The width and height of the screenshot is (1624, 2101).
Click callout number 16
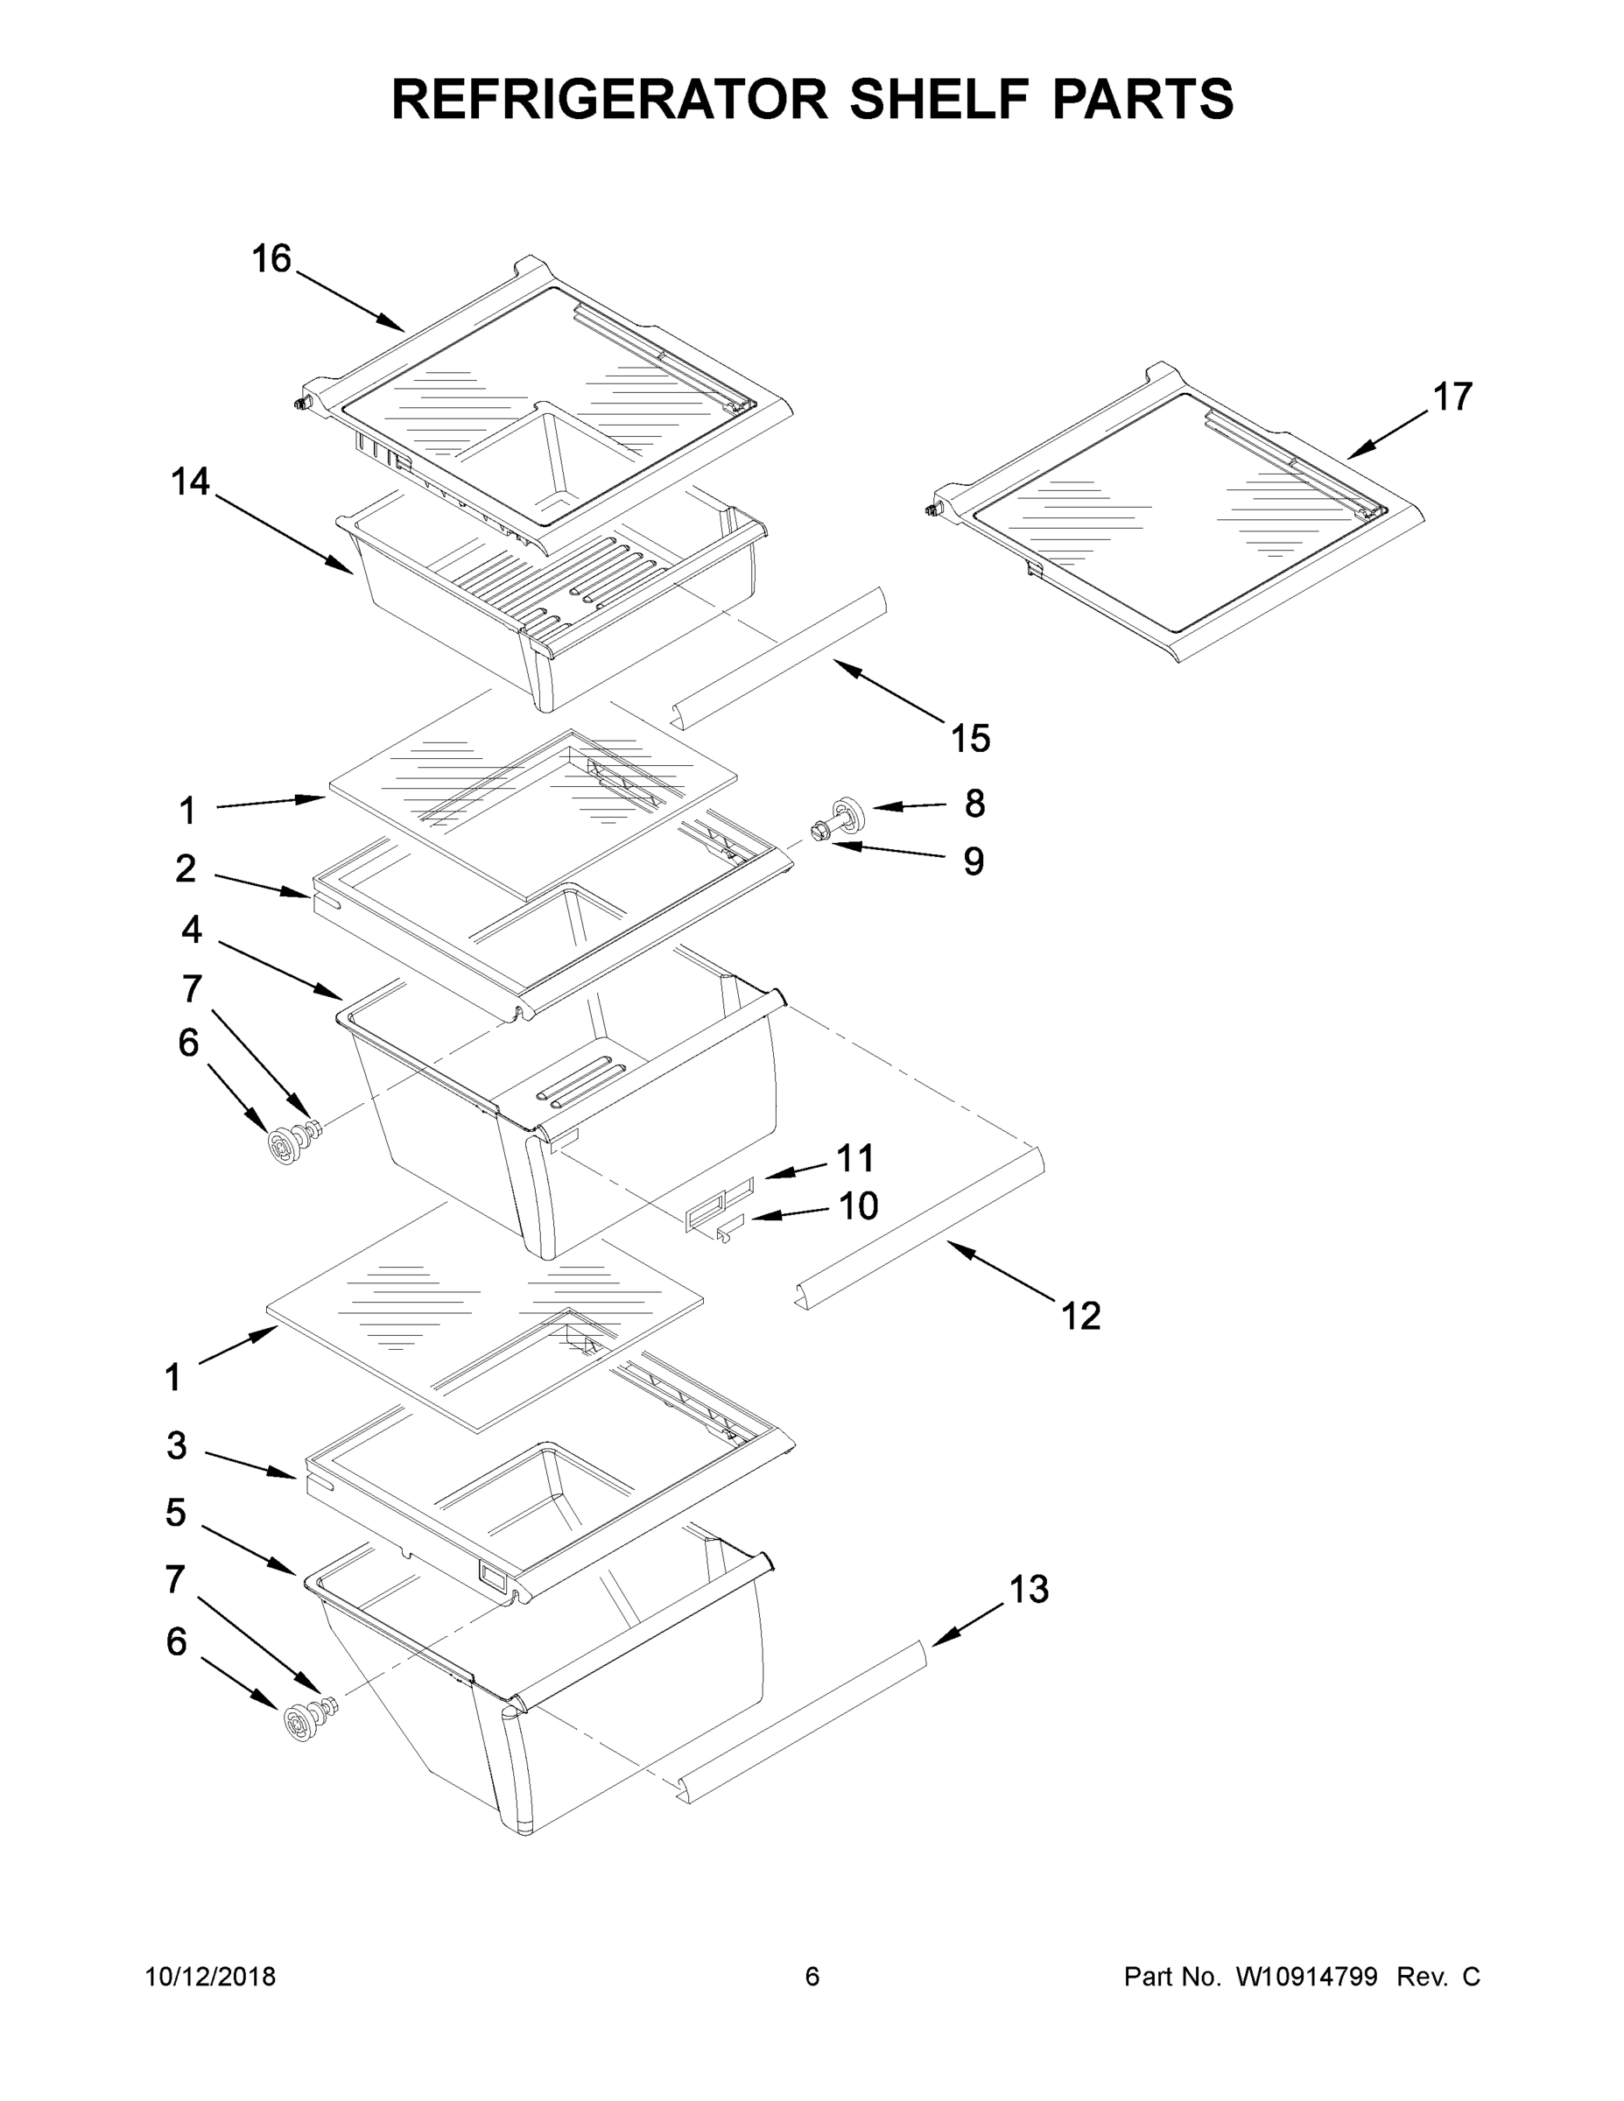coord(271,259)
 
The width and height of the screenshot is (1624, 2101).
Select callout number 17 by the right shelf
coord(1452,397)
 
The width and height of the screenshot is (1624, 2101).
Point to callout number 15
coord(970,739)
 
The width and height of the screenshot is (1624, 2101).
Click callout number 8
coord(974,804)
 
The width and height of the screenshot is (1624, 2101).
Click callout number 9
coord(974,862)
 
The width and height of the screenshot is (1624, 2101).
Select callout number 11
coord(854,1158)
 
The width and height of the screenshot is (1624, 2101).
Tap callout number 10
coord(858,1206)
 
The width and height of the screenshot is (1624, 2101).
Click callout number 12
coord(1080,1315)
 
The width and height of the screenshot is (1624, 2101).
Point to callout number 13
coord(1029,1589)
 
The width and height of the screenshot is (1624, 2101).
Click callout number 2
coord(186,868)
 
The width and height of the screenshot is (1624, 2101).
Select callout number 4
coord(192,930)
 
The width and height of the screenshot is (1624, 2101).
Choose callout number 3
coord(176,1446)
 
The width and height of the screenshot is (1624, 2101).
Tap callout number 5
coord(175,1514)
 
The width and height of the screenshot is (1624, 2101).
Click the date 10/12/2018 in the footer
coord(211,1977)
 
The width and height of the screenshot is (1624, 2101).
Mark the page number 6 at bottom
coord(812,1977)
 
